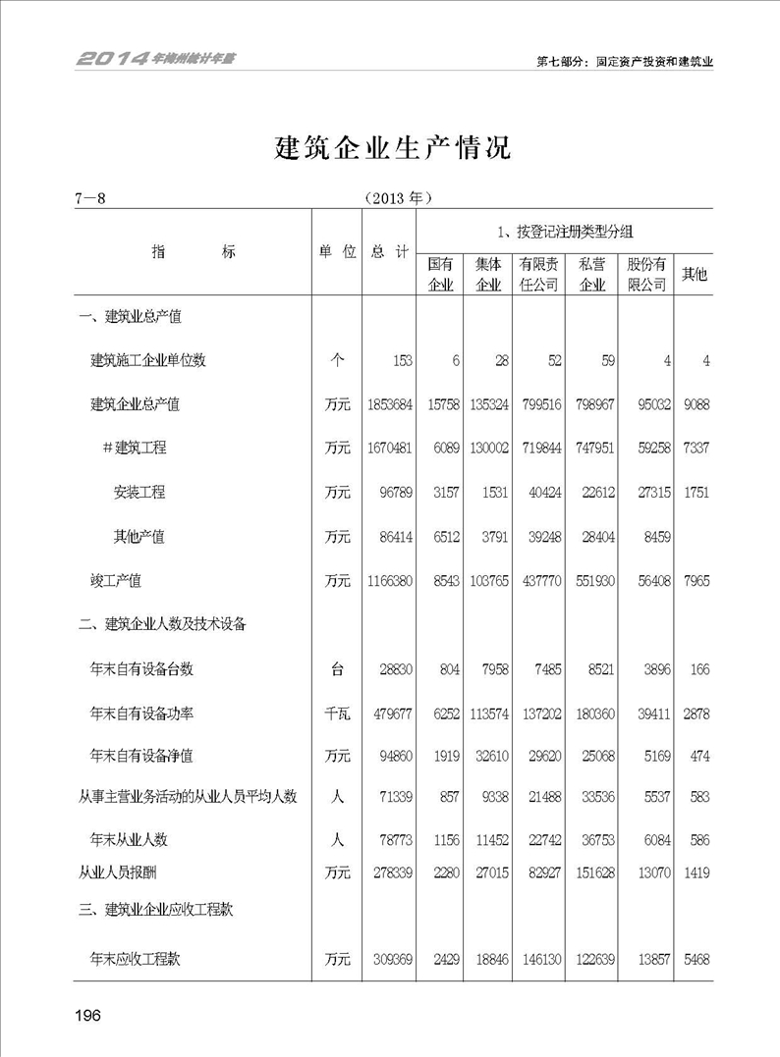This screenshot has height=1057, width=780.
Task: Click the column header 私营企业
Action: pyautogui.click(x=592, y=275)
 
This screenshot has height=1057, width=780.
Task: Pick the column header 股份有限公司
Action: pyautogui.click(x=646, y=275)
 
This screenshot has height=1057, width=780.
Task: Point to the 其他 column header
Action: pyautogui.click(x=695, y=275)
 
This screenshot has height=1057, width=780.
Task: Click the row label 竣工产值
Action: pyautogui.click(x=116, y=581)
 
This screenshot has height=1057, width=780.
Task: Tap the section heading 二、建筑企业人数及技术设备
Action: pyautogui.click(x=162, y=624)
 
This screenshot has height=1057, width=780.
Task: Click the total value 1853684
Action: pyautogui.click(x=388, y=404)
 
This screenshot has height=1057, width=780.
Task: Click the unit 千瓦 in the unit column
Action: pyautogui.click(x=337, y=713)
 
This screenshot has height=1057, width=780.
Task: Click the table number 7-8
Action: pyautogui.click(x=88, y=197)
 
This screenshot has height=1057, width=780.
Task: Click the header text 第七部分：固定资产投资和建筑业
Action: pyautogui.click(x=624, y=61)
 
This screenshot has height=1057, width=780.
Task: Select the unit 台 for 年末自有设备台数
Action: pyautogui.click(x=337, y=669)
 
